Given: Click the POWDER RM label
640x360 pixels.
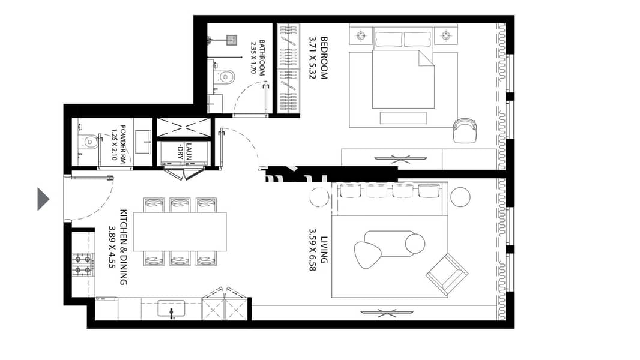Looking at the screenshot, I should [122, 143].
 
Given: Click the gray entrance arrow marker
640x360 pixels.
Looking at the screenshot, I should [43, 199].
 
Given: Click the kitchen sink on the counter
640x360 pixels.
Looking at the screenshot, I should [171, 310].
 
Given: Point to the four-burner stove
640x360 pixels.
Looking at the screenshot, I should [83, 264].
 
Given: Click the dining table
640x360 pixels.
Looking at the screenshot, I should [180, 232].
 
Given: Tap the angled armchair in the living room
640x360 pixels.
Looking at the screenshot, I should [447, 274].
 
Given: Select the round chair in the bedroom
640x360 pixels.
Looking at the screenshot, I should [465, 130].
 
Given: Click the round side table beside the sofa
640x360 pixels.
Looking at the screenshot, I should [461, 196].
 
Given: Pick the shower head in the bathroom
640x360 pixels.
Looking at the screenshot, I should [229, 40].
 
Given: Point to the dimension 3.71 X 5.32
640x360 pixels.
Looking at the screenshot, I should [312, 58].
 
